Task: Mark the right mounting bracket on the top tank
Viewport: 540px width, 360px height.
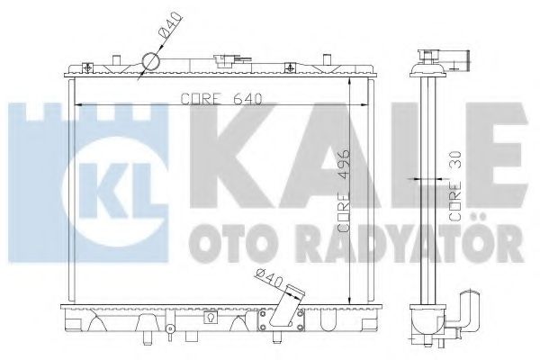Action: pyautogui.click(x=291, y=67)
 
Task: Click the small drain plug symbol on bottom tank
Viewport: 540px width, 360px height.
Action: pyautogui.click(x=209, y=316)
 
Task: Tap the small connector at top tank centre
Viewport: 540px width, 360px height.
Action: pyautogui.click(x=220, y=62)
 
